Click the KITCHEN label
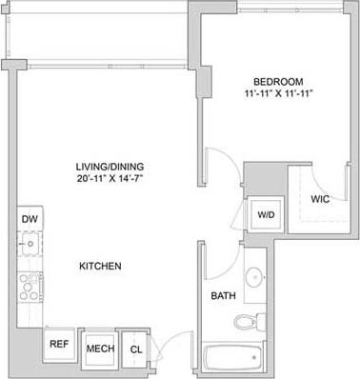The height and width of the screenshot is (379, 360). click(x=101, y=266)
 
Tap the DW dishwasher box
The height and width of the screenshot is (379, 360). click(x=29, y=218)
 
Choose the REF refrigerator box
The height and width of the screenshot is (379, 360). click(x=58, y=345)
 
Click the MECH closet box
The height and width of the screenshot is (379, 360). click(x=100, y=349)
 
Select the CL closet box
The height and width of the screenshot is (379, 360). click(x=135, y=349)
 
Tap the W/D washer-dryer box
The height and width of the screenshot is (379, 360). click(x=262, y=215)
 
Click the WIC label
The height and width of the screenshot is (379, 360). click(x=319, y=199)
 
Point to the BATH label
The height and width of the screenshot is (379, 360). click(x=224, y=296)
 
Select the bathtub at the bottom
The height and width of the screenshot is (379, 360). click(x=233, y=360)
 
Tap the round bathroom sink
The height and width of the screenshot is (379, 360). click(x=253, y=278)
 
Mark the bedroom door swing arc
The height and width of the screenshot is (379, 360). click(x=219, y=164)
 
